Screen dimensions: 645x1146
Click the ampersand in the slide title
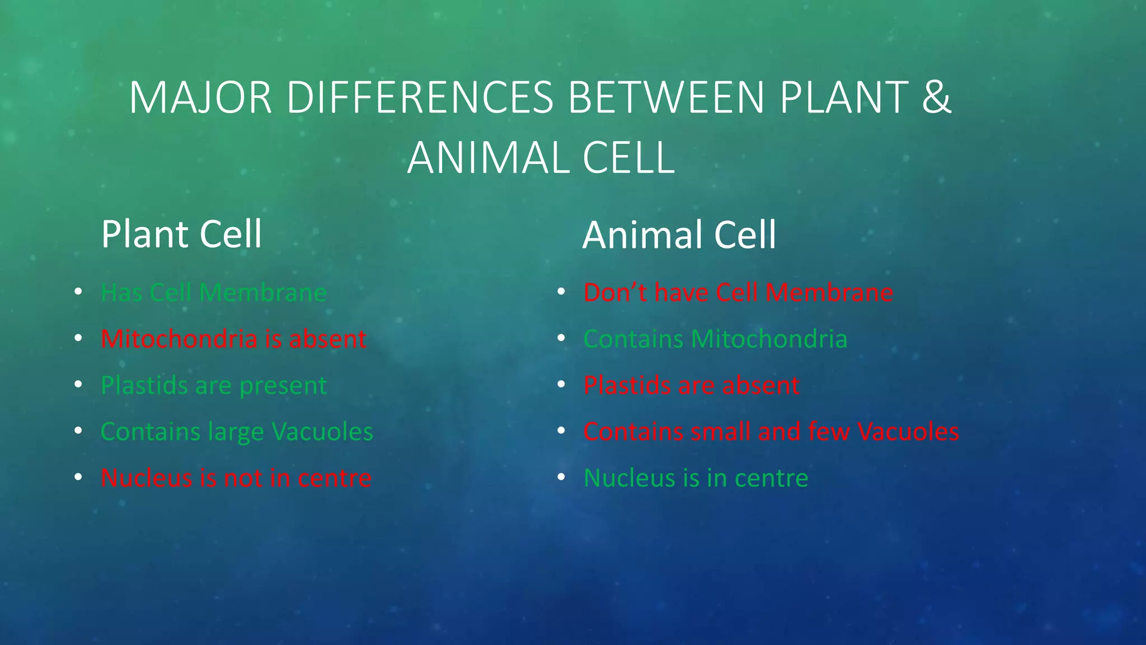point(936,98)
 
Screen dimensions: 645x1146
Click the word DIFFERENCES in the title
point(420,98)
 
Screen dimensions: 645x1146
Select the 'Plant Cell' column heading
point(181,234)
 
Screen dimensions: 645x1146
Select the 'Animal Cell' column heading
point(679,235)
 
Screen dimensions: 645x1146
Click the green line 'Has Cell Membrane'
point(213,293)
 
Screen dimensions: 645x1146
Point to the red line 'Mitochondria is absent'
point(233,339)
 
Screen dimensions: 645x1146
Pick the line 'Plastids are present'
point(213,386)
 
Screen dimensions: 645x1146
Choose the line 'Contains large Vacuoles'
point(237,432)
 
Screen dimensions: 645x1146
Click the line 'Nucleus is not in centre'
point(236,478)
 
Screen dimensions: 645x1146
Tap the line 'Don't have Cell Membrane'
point(738,293)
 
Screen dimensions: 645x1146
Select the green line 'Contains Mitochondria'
point(715,339)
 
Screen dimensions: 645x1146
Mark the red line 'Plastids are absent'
point(691,386)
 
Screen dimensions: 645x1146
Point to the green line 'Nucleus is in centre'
point(696,478)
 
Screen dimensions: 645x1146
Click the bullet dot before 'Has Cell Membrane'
point(78,292)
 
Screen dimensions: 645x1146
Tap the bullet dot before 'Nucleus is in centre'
point(561,477)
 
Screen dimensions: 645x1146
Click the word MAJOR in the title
point(200,98)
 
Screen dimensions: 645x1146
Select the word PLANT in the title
point(844,98)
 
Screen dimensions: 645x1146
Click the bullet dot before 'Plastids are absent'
point(561,385)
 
